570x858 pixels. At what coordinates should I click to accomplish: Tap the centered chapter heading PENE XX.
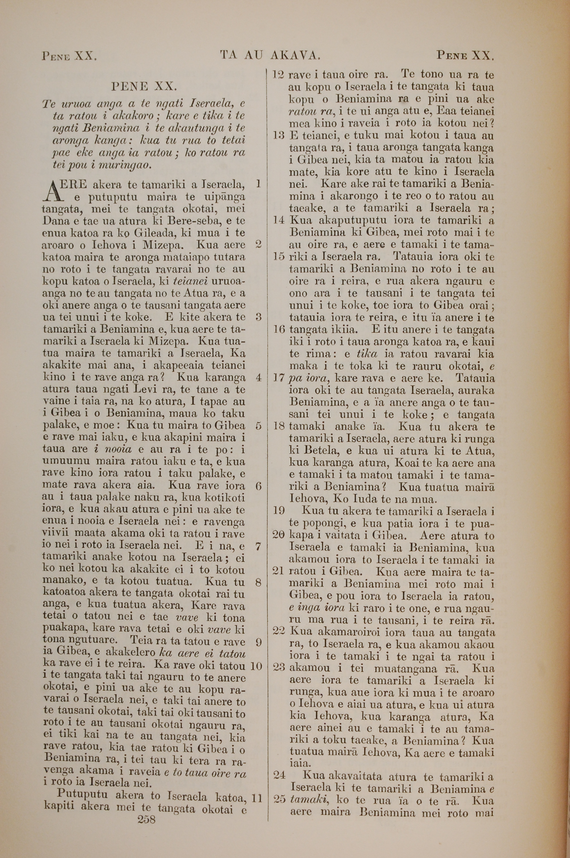click(x=144, y=87)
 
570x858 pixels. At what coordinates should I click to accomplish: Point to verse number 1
click(x=258, y=184)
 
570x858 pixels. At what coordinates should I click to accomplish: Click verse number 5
click(x=258, y=426)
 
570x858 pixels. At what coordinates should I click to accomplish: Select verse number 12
click(x=278, y=75)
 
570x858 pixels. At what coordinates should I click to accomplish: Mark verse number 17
click(x=278, y=378)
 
